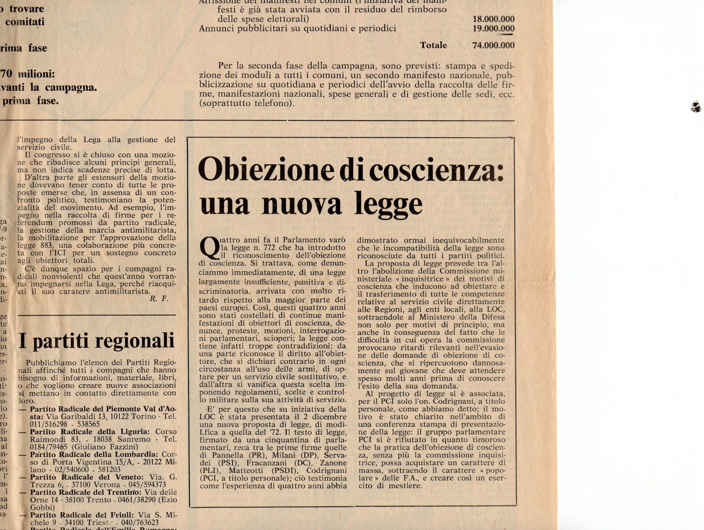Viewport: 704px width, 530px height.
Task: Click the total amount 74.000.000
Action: (494, 45)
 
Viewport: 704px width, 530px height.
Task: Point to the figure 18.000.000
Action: (494, 19)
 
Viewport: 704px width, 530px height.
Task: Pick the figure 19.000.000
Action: (494, 29)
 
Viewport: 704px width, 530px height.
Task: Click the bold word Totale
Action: (433, 45)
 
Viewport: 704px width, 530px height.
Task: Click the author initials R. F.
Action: (159, 299)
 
